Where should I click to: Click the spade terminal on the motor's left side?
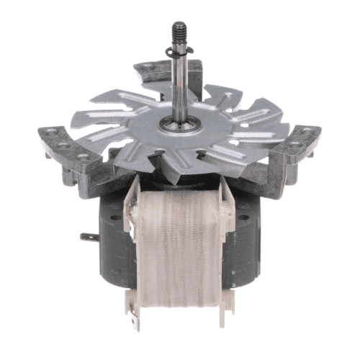pos(86,235)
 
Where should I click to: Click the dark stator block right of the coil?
pos(249,238)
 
